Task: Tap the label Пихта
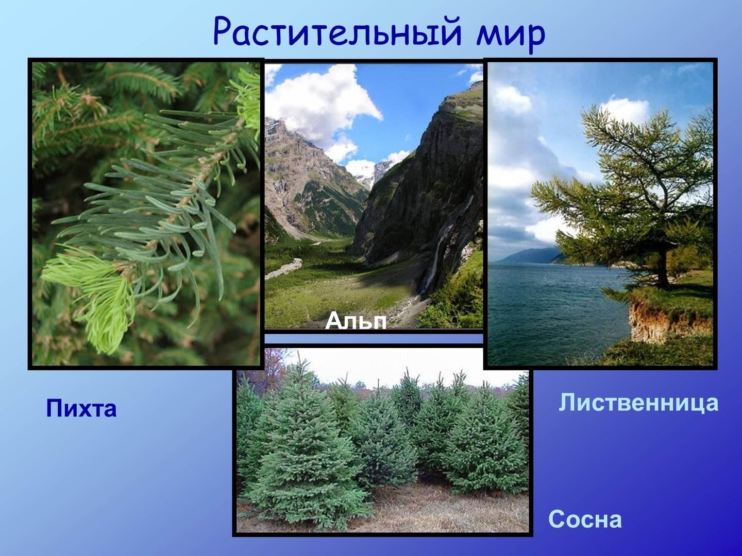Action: point(81,408)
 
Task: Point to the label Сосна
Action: point(585,519)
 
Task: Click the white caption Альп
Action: point(356,320)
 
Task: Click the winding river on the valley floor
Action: point(284,268)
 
